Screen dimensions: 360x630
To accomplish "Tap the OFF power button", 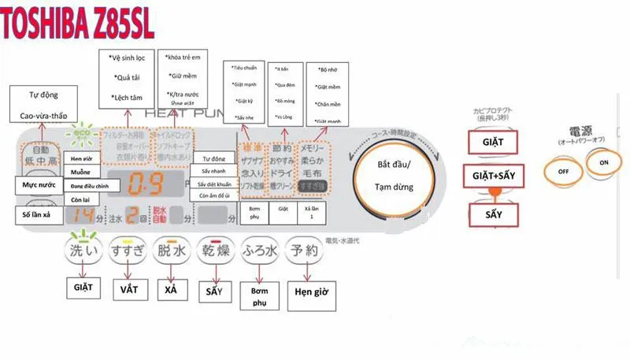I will (x=562, y=169).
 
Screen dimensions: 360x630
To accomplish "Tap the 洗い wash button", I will (x=83, y=251).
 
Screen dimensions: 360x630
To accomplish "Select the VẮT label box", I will (x=128, y=289).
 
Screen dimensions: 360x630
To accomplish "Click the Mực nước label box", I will (x=39, y=184).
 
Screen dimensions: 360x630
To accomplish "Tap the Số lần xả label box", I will (x=39, y=214).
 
